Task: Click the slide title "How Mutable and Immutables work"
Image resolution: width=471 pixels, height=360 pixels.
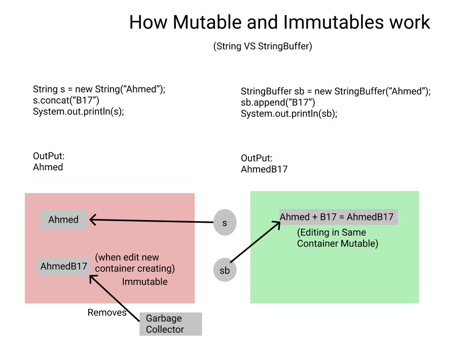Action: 279,22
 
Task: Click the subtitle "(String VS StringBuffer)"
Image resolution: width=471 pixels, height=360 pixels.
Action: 262,46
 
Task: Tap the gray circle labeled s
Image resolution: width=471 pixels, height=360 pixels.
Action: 225,223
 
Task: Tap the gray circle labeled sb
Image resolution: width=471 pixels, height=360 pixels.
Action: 225,270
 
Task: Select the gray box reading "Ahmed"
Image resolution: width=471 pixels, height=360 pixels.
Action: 63,220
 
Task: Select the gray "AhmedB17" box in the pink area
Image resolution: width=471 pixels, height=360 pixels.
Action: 64,266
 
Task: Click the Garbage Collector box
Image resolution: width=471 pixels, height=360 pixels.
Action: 170,323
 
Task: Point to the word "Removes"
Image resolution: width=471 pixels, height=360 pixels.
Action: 107,312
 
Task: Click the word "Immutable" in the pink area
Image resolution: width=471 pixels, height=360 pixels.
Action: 144,281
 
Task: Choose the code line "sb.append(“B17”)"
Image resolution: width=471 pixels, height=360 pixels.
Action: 278,102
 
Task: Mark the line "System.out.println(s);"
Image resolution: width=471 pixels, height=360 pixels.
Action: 79,111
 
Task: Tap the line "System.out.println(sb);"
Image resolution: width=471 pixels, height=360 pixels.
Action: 289,114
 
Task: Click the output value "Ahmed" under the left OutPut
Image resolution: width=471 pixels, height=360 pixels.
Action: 48,167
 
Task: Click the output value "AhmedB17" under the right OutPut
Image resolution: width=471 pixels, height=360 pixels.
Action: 264,169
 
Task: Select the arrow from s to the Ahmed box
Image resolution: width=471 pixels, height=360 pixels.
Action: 152,221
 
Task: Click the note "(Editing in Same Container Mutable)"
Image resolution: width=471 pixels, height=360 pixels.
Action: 337,238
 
